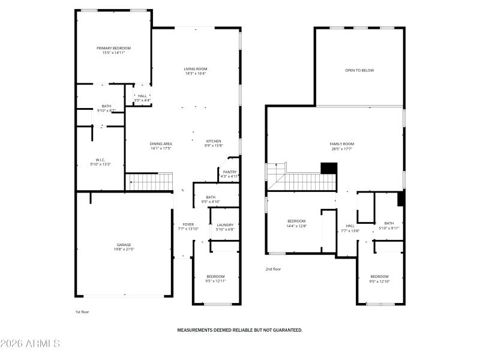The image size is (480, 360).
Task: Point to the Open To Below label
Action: click(x=359, y=70)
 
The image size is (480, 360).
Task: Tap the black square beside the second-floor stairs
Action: click(x=328, y=169)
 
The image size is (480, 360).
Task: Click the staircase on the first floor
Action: click(x=149, y=181)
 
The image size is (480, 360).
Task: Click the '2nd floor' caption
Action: click(x=273, y=269)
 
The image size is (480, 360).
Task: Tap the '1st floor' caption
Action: click(x=82, y=312)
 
